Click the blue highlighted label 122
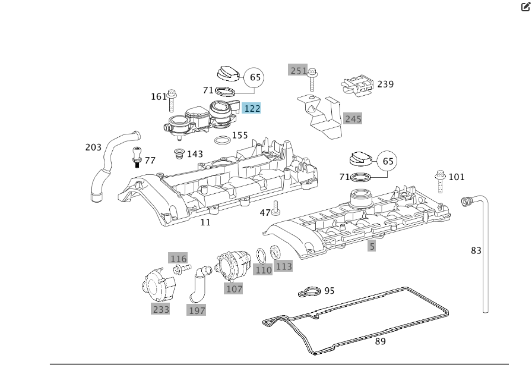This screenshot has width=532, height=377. point(252,108)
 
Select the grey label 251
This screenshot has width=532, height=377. point(298,71)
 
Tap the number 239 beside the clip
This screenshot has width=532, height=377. point(385,84)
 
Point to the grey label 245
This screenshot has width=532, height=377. point(353,119)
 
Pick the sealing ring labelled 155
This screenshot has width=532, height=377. point(222,141)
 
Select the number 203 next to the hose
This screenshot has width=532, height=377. point(93,147)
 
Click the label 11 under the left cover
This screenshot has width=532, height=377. point(205,222)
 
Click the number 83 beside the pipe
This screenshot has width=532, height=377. point(476,251)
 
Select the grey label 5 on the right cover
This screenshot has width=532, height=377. point(372,246)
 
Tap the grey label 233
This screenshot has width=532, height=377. point(161,309)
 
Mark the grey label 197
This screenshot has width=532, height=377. point(197,310)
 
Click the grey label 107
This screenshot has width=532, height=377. point(234,289)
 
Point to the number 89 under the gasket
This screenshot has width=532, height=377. point(380,341)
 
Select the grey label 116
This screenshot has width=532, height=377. point(178,259)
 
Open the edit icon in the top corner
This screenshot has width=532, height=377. point(525,7)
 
